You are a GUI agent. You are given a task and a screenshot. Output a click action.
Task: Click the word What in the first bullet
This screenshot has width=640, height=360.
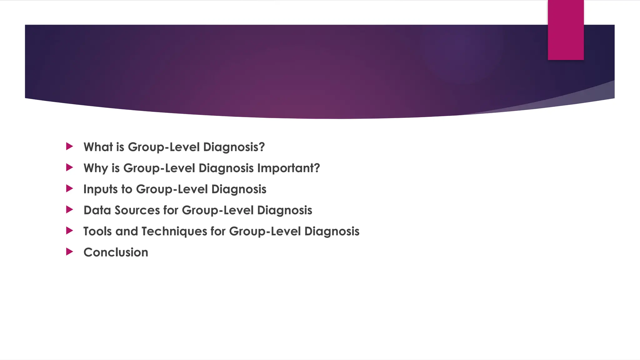pyautogui.click(x=98, y=147)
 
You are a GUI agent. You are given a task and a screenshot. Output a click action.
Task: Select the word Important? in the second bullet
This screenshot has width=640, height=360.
pyautogui.click(x=288, y=168)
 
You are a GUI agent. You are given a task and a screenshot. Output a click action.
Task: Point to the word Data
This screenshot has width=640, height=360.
pyautogui.click(x=97, y=210)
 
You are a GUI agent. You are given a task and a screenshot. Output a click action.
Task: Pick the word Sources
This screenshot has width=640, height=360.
pyautogui.click(x=137, y=210)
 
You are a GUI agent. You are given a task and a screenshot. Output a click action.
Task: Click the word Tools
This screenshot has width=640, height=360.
pyautogui.click(x=97, y=231)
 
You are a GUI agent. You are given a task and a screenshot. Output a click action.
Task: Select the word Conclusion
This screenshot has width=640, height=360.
pyautogui.click(x=116, y=252)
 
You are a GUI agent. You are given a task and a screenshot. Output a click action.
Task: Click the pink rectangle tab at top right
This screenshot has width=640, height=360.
pyautogui.click(x=566, y=30)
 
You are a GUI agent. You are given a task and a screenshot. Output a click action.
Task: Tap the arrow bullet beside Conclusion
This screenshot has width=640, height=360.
pyautogui.click(x=69, y=252)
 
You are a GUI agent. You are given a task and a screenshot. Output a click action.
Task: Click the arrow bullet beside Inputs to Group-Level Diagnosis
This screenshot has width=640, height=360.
pyautogui.click(x=69, y=188)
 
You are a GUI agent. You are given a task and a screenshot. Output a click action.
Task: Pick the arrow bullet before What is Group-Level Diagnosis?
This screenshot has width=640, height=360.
pyautogui.click(x=69, y=146)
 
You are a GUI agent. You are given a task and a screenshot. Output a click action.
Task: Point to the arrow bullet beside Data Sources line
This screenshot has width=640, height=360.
pyautogui.click(x=69, y=209)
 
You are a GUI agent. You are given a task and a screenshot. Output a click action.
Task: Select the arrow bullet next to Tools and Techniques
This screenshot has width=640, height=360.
pyautogui.click(x=69, y=231)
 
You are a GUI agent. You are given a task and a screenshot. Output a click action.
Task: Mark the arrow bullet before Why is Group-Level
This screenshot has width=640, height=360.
pyautogui.click(x=69, y=167)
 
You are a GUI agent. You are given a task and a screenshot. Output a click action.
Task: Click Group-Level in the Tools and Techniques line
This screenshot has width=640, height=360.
pyautogui.click(x=265, y=232)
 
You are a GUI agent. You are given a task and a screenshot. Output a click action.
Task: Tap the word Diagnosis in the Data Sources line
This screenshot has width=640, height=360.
pyautogui.click(x=285, y=210)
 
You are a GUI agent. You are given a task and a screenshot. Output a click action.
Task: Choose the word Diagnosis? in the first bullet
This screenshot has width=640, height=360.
pyautogui.click(x=234, y=147)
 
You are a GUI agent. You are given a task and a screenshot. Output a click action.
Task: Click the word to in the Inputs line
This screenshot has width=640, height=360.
pyautogui.click(x=127, y=189)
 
